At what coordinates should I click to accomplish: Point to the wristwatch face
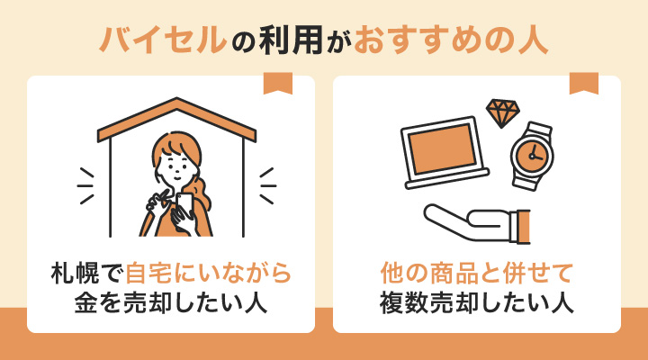coord(533,155)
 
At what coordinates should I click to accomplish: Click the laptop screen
coord(442,148)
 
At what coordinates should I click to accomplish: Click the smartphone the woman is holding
coord(184,205)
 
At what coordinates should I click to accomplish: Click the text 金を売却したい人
coord(171,303)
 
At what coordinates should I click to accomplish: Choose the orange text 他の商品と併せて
coord(477,272)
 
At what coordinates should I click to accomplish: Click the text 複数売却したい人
coord(477,303)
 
